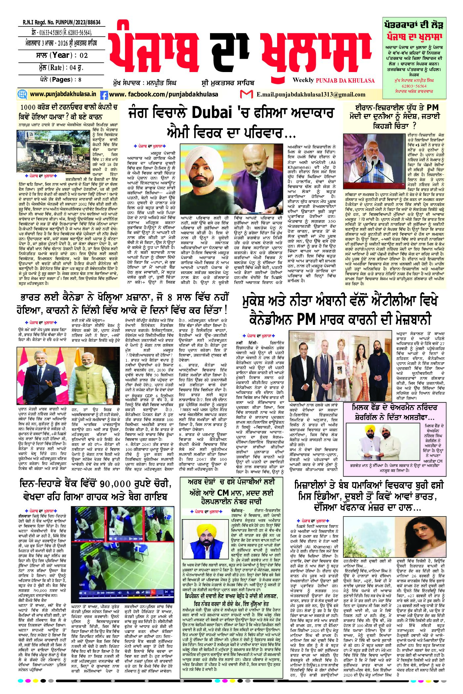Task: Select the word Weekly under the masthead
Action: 303,80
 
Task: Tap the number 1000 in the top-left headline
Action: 30,107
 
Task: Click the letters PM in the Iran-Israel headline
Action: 431,107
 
